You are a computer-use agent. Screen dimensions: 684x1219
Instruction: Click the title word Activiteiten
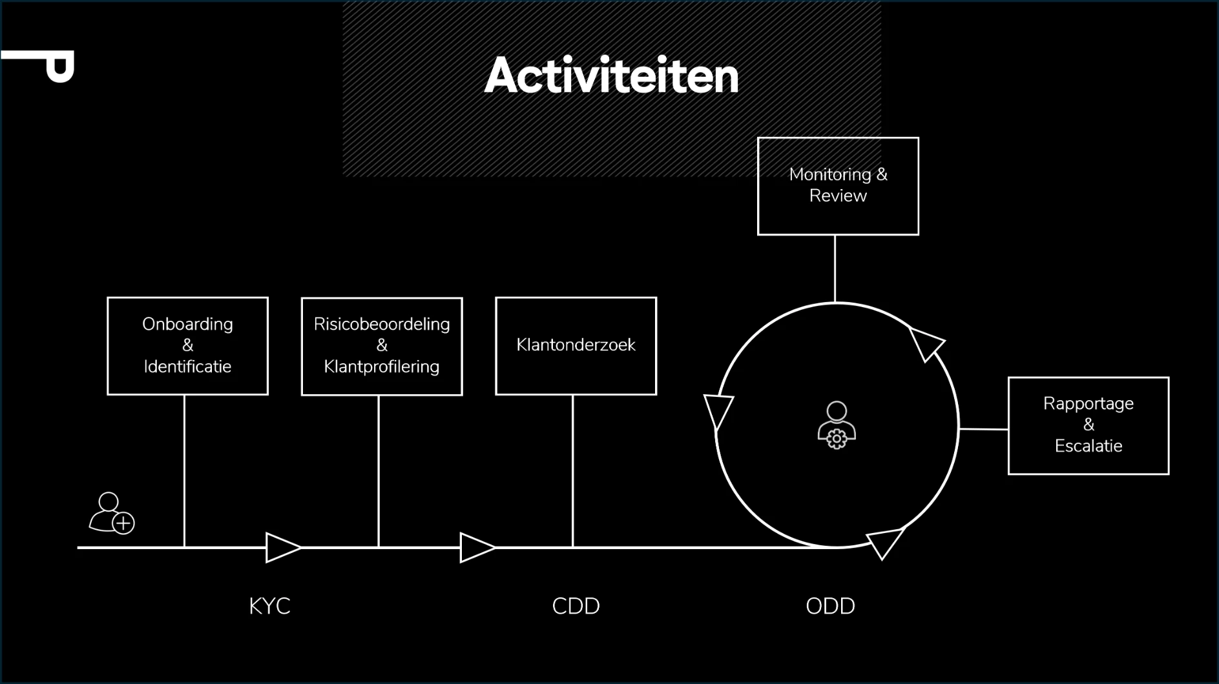[611, 76]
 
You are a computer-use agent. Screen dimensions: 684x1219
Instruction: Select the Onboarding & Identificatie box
[187, 345]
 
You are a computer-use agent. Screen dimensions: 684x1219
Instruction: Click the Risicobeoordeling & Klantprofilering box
[381, 346]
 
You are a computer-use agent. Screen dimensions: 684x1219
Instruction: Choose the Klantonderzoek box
[576, 345]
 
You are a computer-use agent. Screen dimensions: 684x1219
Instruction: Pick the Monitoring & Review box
[838, 186]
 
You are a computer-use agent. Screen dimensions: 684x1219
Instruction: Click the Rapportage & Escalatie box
[1088, 425]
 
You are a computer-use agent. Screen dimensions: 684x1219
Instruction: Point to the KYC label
[269, 606]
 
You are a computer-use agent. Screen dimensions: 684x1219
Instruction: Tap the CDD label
[576, 606]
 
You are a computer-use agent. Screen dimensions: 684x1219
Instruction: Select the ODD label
[830, 606]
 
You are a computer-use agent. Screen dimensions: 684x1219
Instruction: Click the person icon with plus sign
[112, 514]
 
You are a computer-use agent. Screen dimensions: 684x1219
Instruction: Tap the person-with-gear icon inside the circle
[837, 425]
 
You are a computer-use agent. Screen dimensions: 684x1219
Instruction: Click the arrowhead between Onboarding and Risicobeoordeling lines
[282, 547]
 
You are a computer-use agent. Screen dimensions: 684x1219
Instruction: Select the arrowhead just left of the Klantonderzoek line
[476, 547]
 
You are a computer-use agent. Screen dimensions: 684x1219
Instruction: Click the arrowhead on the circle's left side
[718, 410]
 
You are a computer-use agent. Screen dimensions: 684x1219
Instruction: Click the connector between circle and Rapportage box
[983, 428]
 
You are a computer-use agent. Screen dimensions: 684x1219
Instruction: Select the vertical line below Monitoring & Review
[835, 268]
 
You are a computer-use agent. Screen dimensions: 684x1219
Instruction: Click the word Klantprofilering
[381, 367]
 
